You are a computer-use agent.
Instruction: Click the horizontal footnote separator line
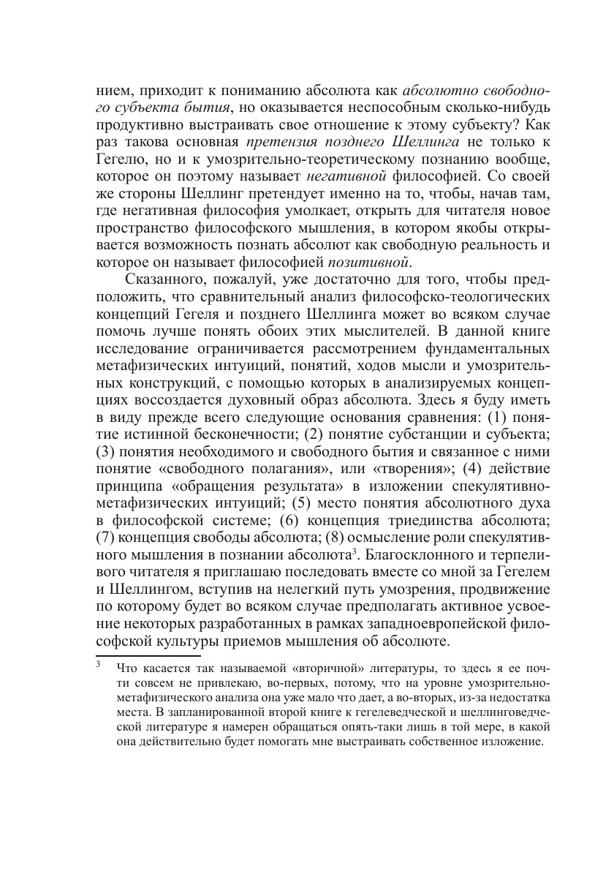pos(148,656)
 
